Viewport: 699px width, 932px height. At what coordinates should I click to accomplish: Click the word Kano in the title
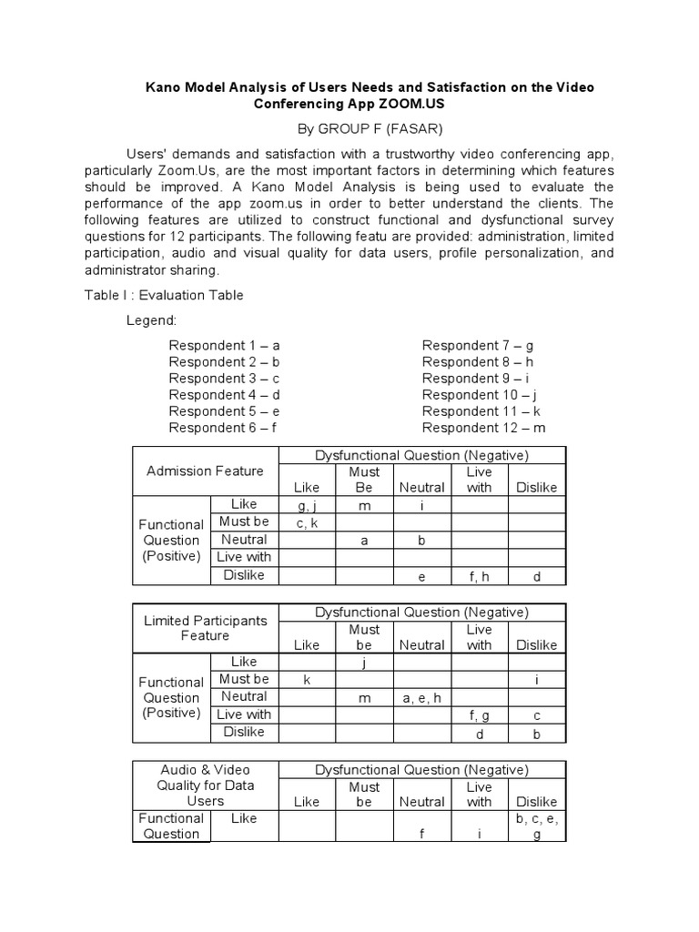coord(165,86)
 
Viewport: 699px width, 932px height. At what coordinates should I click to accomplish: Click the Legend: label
coord(151,321)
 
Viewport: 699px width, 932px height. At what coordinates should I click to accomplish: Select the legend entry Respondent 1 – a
coord(224,345)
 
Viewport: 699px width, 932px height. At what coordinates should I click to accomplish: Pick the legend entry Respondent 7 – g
coord(478,345)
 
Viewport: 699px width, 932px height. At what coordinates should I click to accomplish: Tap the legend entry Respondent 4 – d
coord(224,394)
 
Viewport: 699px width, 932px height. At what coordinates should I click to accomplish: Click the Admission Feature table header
coord(205,471)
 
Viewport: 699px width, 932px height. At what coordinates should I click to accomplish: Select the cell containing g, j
coord(307,505)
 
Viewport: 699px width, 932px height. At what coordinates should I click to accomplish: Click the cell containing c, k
coord(307,522)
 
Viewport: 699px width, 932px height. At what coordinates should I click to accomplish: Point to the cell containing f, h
coord(479,575)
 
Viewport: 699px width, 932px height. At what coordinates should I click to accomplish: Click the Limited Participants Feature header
coord(205,628)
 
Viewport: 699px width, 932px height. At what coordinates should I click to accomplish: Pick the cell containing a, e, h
coord(421,697)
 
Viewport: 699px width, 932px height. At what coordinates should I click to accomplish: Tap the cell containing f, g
coord(479,715)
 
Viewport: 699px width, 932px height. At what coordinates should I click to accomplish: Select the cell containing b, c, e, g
coord(536,826)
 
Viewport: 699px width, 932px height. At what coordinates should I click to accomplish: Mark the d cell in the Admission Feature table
coord(536,575)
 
